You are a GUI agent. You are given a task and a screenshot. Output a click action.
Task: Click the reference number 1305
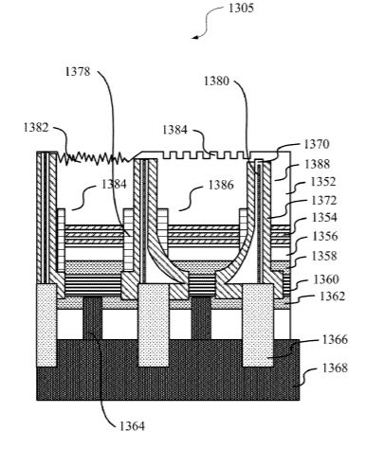(241, 8)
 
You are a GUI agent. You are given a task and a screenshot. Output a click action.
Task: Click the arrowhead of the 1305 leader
(195, 37)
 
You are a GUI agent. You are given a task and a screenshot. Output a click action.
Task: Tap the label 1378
(78, 71)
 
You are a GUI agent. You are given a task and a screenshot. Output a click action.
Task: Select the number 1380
(216, 81)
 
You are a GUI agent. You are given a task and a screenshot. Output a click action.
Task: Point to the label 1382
(36, 127)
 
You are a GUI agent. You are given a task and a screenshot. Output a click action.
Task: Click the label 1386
(221, 185)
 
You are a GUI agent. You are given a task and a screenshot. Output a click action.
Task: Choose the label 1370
(317, 144)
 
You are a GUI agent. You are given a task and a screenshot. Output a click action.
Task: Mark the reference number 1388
(318, 164)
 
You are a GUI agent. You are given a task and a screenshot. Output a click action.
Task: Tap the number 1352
(323, 182)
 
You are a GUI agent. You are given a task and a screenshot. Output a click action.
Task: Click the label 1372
(324, 200)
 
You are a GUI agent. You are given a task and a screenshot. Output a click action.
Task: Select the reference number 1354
(324, 218)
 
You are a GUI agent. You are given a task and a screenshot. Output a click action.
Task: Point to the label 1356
(325, 236)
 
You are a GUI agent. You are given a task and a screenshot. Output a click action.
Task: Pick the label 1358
(324, 256)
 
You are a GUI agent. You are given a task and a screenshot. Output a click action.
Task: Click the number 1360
(326, 279)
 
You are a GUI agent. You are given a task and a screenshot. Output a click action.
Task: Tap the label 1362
(332, 296)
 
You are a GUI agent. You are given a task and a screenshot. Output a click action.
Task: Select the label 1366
(335, 339)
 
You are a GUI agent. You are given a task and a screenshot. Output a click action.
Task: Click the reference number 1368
(335, 368)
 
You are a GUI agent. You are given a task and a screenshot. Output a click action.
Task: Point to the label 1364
(132, 426)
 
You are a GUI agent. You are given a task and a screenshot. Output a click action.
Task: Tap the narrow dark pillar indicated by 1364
(93, 318)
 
